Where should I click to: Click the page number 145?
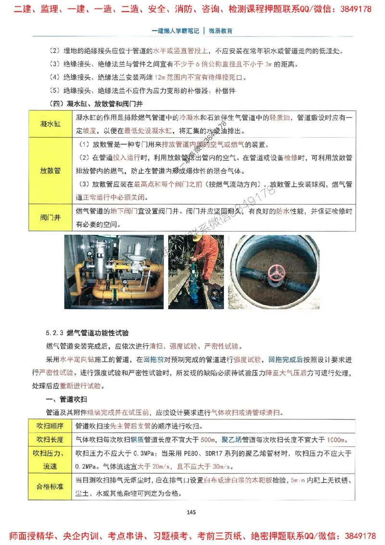pos(192,512)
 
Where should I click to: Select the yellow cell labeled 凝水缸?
pos(51,124)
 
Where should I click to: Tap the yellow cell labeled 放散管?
pos(51,170)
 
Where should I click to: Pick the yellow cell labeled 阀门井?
pos(51,218)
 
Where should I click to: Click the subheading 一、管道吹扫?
pos(66,400)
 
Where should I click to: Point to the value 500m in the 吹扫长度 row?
pos(207,440)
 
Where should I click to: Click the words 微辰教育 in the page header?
pos(221,30)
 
